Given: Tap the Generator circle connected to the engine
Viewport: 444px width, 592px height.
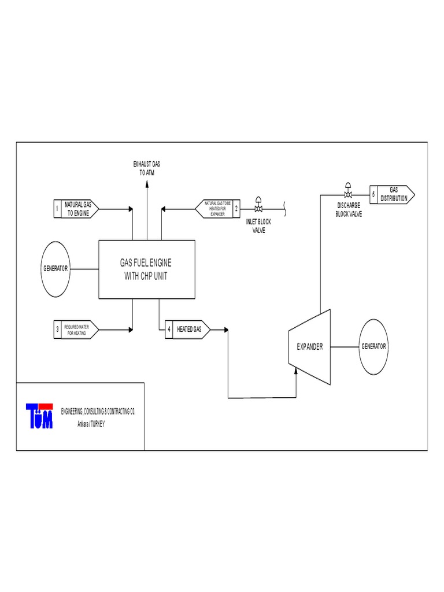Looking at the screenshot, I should (55, 269).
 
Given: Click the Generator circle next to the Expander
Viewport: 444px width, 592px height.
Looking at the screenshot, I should (374, 347).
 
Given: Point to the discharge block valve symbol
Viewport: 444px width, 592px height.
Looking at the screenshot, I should (349, 193).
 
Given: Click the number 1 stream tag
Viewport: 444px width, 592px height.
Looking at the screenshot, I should (57, 209).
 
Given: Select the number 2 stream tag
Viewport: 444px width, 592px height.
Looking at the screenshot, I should (236, 209).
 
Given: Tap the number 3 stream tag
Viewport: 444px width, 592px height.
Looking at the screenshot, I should (57, 330).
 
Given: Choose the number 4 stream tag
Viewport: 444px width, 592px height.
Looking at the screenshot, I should (169, 330).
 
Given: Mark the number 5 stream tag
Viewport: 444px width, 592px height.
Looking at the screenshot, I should (373, 194).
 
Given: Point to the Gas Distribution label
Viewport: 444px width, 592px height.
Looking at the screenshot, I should (394, 194).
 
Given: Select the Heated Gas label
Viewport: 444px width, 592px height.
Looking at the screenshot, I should (189, 330).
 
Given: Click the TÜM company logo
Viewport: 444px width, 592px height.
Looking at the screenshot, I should (39, 416).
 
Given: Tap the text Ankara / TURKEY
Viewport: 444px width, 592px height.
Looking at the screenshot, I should (91, 423).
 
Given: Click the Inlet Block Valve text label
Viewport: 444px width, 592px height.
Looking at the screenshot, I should (258, 226).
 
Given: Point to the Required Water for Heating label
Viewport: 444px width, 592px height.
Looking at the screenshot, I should (79, 330).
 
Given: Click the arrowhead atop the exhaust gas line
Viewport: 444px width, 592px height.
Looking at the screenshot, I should (146, 183).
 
